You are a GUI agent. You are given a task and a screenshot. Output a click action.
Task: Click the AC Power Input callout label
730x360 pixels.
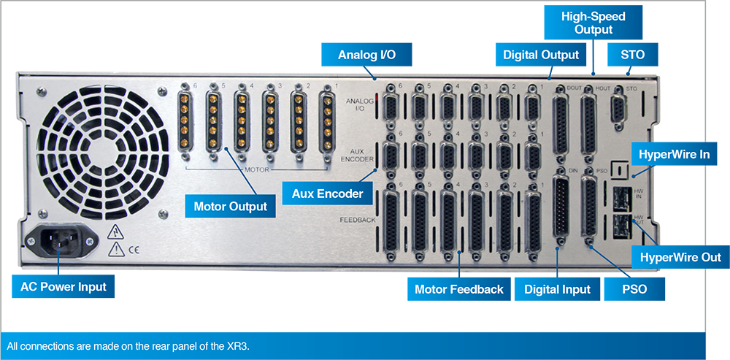64,286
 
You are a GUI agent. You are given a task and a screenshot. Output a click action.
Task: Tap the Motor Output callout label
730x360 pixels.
230,207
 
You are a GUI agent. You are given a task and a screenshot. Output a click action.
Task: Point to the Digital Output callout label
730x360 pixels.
540,55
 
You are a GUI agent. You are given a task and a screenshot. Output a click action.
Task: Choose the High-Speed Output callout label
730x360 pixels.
593,23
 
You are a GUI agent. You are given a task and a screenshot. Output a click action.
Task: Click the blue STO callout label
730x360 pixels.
632,55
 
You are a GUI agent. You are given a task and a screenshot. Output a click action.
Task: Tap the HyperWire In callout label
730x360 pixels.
674,154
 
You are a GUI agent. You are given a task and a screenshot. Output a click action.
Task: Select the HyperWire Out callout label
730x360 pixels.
680,257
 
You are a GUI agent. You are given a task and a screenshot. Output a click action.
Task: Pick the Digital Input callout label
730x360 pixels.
557,289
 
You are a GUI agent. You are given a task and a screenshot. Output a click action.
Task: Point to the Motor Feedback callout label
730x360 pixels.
458,289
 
